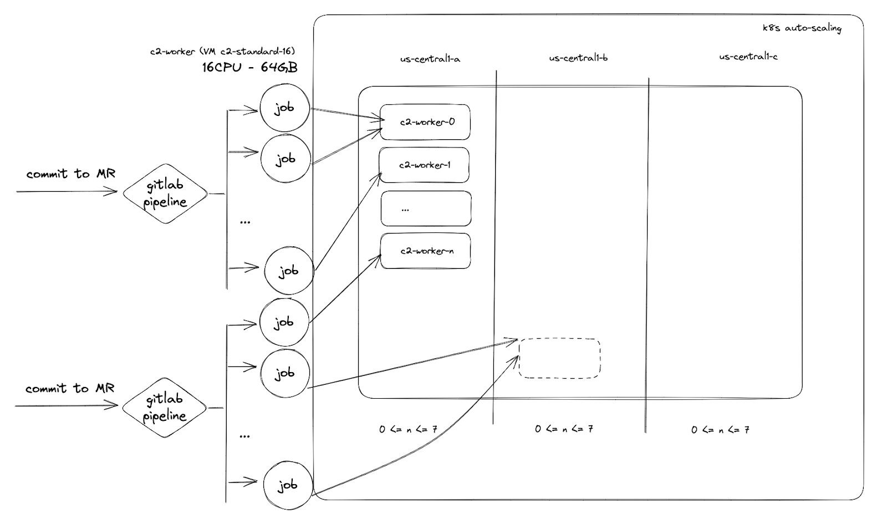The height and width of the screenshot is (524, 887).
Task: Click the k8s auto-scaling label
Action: coord(802,28)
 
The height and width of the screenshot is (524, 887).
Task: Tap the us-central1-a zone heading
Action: coord(430,59)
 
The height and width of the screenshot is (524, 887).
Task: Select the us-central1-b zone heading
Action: coord(578,58)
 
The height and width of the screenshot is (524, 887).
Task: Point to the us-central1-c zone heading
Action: coord(748,57)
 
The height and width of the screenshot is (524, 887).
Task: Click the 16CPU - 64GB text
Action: coord(249,68)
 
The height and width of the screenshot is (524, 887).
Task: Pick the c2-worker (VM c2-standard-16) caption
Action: coord(222,52)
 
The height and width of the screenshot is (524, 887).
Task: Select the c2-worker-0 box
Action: coord(426,122)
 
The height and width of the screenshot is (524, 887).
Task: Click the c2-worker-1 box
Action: coord(424,165)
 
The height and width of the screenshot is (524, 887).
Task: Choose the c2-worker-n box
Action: coord(426,251)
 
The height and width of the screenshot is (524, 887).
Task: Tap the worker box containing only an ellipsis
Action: coord(426,208)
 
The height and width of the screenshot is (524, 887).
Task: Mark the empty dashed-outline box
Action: coord(559,359)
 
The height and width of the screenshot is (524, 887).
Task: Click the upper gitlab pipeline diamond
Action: coord(165,194)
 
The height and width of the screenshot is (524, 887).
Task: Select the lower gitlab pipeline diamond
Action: coord(164,408)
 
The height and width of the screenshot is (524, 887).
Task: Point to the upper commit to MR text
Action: coord(71,174)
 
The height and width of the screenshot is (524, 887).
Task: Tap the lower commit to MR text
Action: coord(70,389)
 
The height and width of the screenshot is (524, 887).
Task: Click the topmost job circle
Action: coord(284,108)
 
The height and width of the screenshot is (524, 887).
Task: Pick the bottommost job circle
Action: coord(288,485)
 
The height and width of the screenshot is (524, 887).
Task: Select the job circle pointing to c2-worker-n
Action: coord(284,322)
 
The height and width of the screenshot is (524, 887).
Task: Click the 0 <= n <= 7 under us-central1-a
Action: coord(408,429)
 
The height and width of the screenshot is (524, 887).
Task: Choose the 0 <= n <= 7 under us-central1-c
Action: coord(720,430)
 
